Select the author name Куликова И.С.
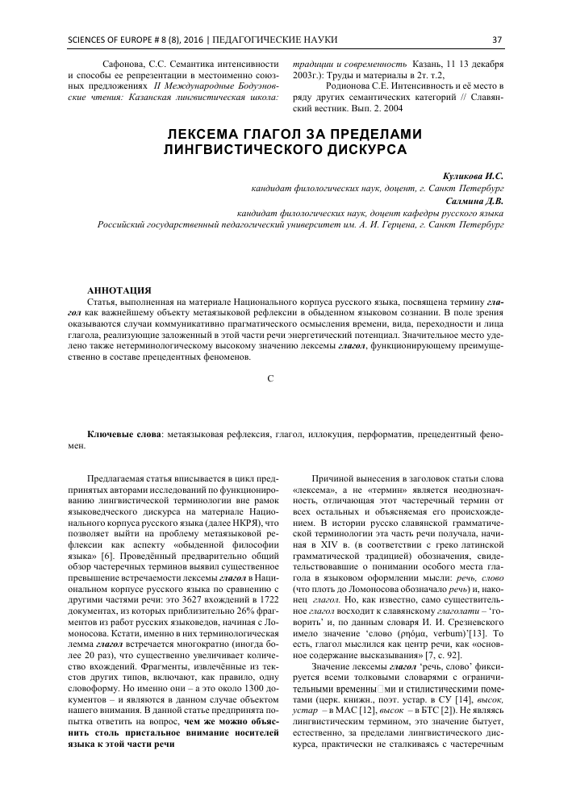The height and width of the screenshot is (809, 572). tap(473, 175)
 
